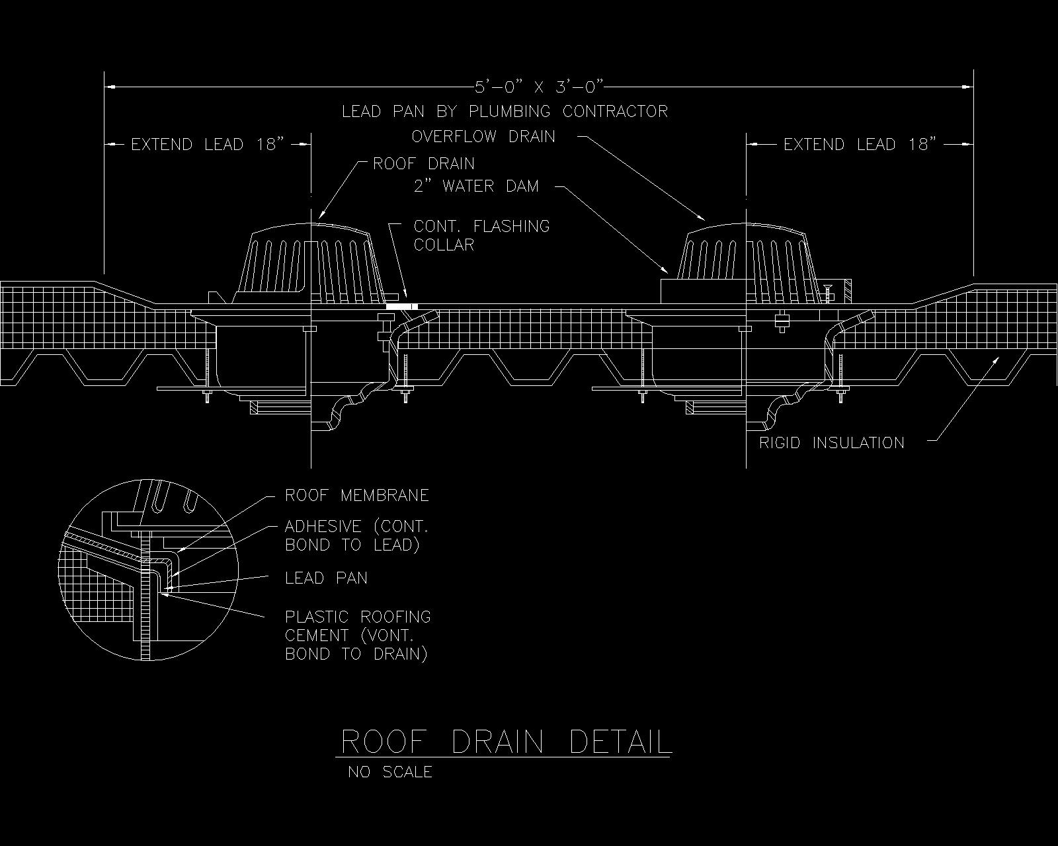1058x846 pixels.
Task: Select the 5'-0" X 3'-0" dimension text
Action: (539, 87)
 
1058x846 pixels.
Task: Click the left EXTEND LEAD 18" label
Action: (208, 145)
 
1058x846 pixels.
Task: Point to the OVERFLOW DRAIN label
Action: (483, 136)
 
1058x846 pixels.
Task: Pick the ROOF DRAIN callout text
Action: (424, 163)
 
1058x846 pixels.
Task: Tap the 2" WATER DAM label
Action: (476, 186)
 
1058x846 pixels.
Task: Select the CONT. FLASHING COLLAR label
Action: (482, 235)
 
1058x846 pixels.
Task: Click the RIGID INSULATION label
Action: (832, 443)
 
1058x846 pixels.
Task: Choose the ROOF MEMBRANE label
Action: (357, 495)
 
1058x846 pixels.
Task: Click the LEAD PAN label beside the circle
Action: (327, 578)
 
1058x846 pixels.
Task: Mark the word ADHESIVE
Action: (323, 527)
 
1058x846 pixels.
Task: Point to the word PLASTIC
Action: (317, 617)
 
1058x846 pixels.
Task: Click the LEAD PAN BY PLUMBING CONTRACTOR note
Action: (505, 112)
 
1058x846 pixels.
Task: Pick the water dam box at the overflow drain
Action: (703, 291)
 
